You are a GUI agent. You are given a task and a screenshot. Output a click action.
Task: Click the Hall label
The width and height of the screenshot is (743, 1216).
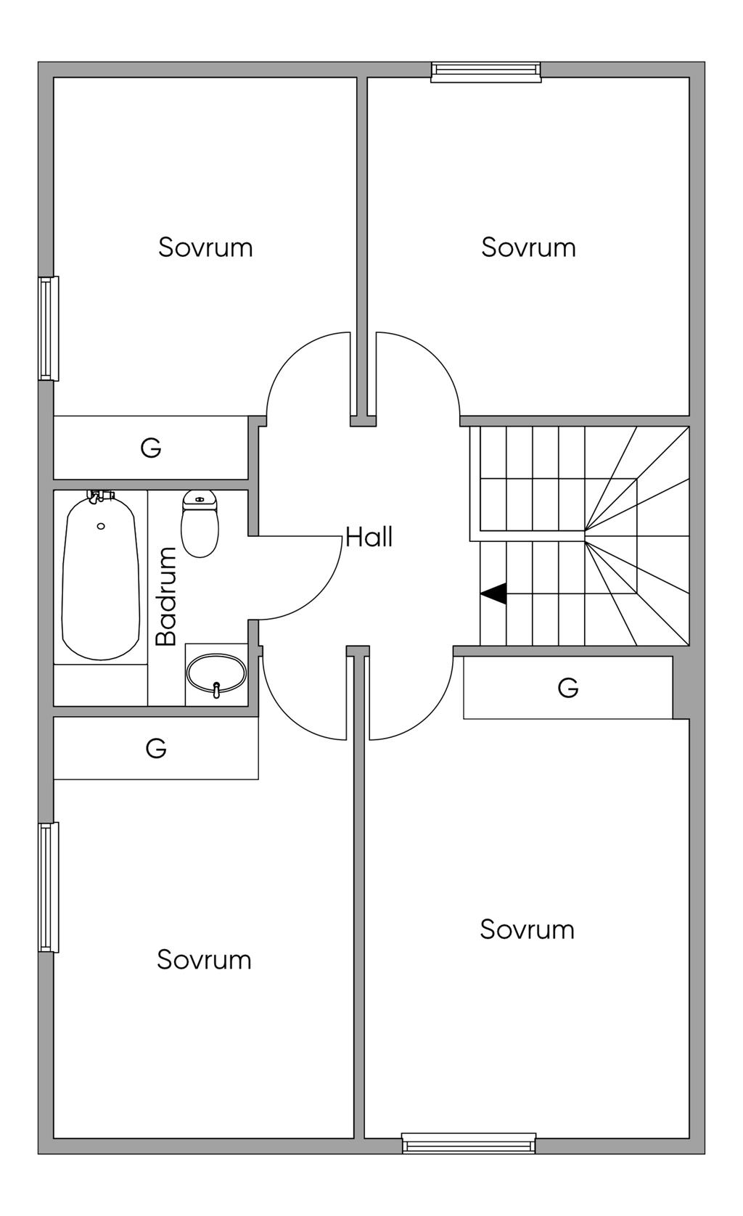coord(369,537)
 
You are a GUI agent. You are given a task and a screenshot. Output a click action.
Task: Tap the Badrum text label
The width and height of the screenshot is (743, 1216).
coord(166,596)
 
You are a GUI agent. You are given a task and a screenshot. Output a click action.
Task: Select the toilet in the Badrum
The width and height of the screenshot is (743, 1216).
coord(200,523)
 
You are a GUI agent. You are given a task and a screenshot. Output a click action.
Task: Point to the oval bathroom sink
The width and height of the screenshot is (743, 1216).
coord(216,674)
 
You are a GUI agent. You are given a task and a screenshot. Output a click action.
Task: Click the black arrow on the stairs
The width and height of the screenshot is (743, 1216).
coord(493,593)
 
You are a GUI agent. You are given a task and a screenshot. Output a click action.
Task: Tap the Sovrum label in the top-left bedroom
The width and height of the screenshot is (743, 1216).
coord(205,247)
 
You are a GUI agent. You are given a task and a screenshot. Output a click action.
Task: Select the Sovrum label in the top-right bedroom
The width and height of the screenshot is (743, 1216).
coord(528,247)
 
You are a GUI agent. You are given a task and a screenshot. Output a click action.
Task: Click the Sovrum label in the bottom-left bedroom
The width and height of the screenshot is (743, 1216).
coord(204,960)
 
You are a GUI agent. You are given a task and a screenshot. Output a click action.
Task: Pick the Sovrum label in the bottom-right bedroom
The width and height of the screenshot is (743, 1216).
coord(527,929)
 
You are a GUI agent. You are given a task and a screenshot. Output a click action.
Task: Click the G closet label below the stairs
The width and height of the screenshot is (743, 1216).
coord(567,688)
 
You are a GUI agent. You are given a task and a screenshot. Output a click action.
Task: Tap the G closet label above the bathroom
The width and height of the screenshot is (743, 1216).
coord(151,448)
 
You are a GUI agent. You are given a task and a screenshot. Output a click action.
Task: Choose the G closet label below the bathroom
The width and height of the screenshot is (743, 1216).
coord(156,749)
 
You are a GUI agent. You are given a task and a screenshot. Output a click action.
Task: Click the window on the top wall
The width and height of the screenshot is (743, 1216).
coord(485,72)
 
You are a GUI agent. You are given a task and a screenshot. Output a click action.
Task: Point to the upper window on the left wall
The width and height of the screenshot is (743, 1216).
coord(49,329)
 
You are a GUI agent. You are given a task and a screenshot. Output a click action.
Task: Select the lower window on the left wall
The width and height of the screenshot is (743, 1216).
coord(49,887)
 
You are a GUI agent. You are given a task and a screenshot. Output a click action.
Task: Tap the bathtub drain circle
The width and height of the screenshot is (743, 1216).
coord(100,526)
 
